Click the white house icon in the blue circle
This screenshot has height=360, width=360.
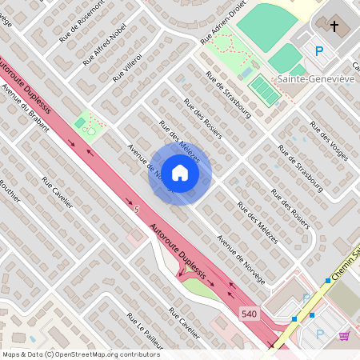click(x=180, y=172)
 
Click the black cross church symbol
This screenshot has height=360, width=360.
click(x=334, y=26)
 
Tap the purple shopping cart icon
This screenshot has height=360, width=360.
click(x=344, y=335)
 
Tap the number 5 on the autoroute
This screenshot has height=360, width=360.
click(x=137, y=209)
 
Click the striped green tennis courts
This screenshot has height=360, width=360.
click(x=265, y=90)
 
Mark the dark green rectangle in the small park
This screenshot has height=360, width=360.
click(x=80, y=122)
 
